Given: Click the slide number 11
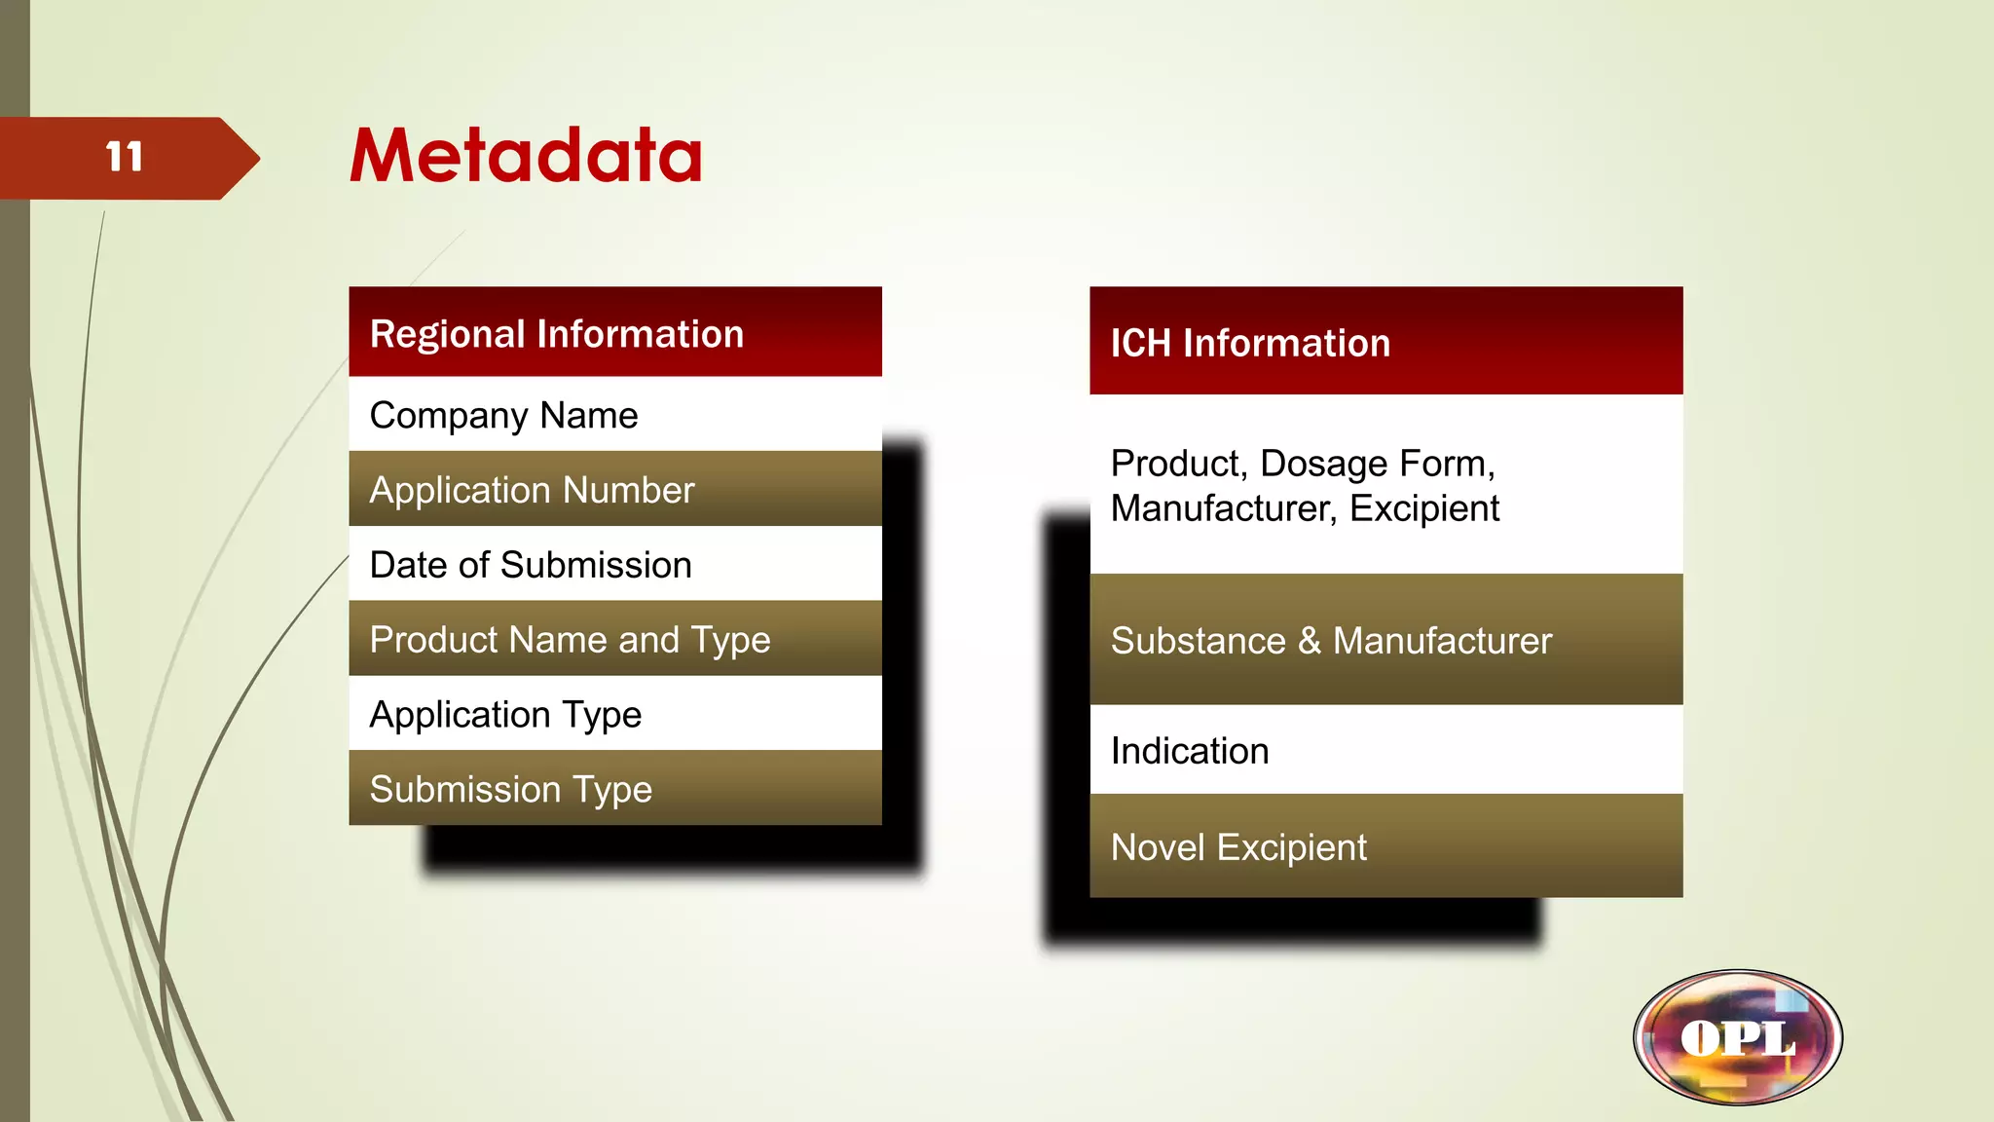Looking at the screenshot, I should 125,157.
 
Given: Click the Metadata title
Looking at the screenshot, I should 526,156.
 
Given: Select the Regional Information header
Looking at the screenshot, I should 557,334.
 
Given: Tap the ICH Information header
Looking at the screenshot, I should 1250,343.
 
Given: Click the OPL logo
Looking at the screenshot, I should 1738,1037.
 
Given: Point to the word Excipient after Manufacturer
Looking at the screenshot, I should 1423,508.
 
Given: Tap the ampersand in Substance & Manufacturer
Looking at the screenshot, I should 1310,641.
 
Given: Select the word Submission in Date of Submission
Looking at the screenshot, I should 609,565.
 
